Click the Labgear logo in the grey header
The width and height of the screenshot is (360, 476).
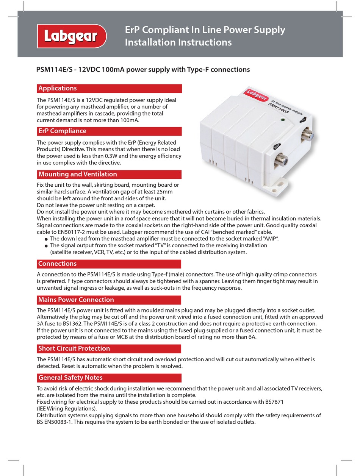click(72, 36)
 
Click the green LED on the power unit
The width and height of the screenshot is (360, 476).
click(283, 120)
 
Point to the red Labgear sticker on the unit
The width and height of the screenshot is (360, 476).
click(257, 95)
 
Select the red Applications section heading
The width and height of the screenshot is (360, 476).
click(109, 89)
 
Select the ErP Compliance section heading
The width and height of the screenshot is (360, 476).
click(109, 131)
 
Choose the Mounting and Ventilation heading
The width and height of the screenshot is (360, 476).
click(109, 175)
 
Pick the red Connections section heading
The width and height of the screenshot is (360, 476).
click(109, 264)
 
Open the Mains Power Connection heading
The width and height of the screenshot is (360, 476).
click(109, 300)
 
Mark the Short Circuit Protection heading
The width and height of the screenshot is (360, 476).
click(109, 349)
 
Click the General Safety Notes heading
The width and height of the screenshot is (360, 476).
click(109, 378)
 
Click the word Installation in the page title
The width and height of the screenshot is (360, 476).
click(150, 42)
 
